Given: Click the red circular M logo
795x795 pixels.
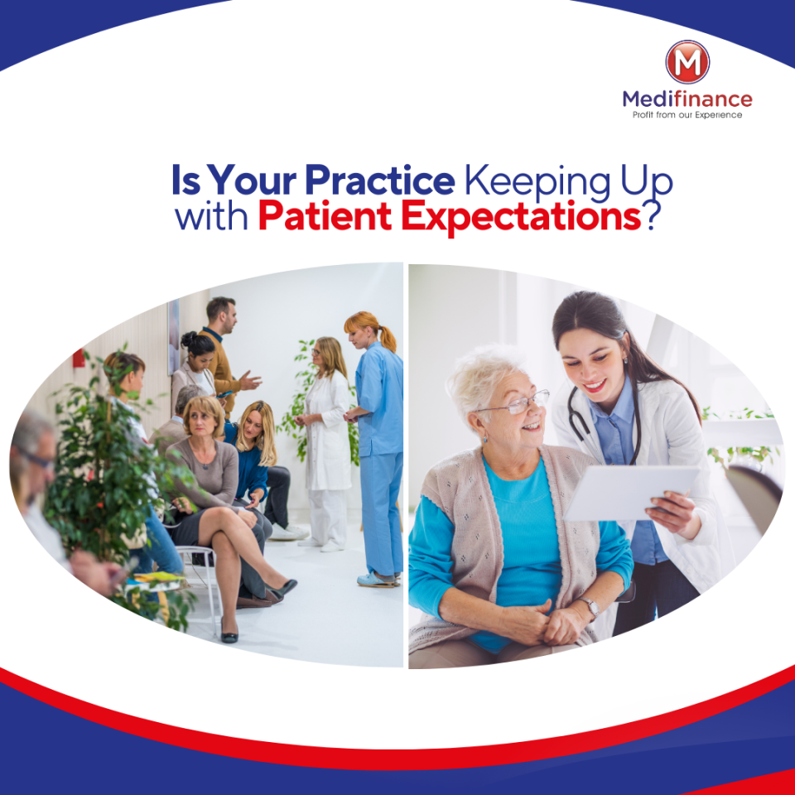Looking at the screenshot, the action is click(687, 62).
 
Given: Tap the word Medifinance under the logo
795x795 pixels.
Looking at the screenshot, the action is click(687, 99).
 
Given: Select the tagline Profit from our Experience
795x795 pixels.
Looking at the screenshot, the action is click(687, 115).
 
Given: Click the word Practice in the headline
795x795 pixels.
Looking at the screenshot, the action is click(380, 180).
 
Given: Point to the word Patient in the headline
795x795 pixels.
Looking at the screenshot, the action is click(325, 216).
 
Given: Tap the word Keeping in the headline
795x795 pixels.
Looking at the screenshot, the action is click(537, 182).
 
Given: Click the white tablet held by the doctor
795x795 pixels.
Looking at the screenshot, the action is click(631, 493).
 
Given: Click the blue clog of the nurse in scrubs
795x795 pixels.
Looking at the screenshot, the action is click(376, 580).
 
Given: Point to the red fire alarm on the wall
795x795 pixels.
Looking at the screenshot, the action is click(79, 358).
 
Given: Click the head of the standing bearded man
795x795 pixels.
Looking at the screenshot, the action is click(222, 315).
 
